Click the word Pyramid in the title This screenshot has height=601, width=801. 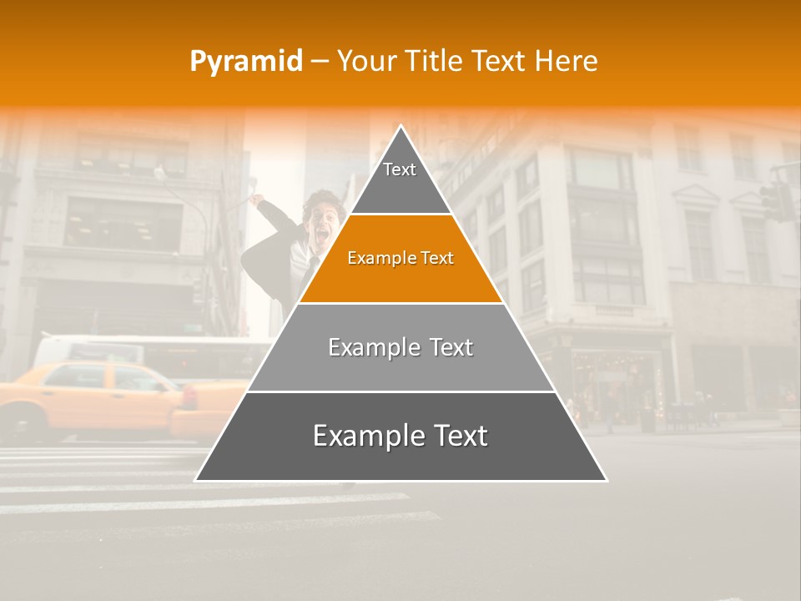point(245,61)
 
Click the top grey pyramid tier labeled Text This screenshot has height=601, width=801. point(400,179)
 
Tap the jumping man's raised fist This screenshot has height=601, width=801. point(258,200)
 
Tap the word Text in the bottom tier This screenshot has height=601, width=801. point(456,437)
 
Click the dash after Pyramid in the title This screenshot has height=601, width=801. point(319,62)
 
